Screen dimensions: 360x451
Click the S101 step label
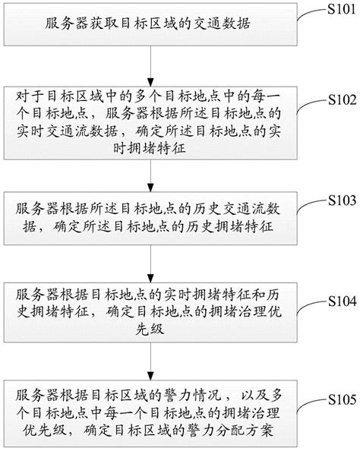click(x=342, y=9)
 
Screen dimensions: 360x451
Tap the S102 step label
click(x=343, y=99)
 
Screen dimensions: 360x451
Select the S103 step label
click(x=343, y=200)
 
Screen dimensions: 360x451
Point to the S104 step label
click(x=343, y=301)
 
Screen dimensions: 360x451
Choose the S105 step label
click(x=343, y=399)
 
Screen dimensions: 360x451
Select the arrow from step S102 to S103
click(x=150, y=175)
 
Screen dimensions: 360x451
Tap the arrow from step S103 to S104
click(x=150, y=263)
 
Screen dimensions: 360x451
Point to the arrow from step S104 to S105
click(x=150, y=361)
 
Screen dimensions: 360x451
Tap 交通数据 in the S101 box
click(x=220, y=24)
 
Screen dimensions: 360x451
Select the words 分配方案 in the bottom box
click(x=245, y=430)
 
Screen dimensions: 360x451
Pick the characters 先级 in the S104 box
click(x=150, y=329)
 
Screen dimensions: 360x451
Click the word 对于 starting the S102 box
click(x=30, y=96)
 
